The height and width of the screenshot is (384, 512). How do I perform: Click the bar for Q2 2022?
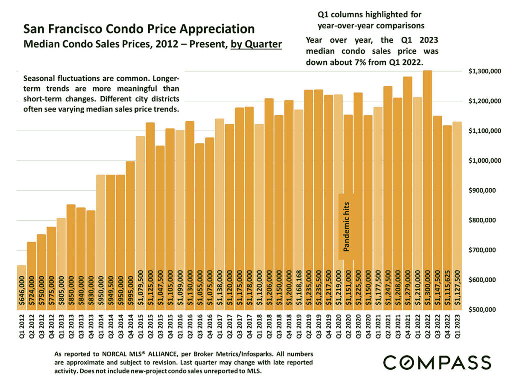tap(427, 190)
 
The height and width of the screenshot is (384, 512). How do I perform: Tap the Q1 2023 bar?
tap(457, 215)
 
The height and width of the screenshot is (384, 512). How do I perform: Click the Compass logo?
tap(437, 362)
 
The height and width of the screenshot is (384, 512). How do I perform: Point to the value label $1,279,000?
tap(408, 289)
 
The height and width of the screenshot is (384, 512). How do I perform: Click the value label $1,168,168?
tap(299, 289)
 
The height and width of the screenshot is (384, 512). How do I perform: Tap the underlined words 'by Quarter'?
tap(256, 44)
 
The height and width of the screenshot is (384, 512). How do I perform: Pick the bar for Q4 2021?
tap(408, 190)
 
